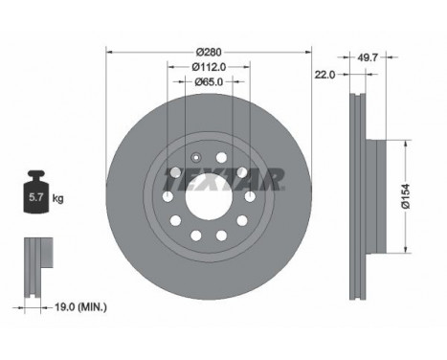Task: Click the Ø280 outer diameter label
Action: [x=209, y=52]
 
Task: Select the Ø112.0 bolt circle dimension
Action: [x=209, y=67]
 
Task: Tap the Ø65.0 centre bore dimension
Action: [x=209, y=82]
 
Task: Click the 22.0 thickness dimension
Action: [x=325, y=75]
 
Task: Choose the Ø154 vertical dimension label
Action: [x=406, y=196]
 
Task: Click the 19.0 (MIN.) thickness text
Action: [x=80, y=307]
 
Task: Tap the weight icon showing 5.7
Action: [x=35, y=191]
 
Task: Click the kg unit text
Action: [x=57, y=198]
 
